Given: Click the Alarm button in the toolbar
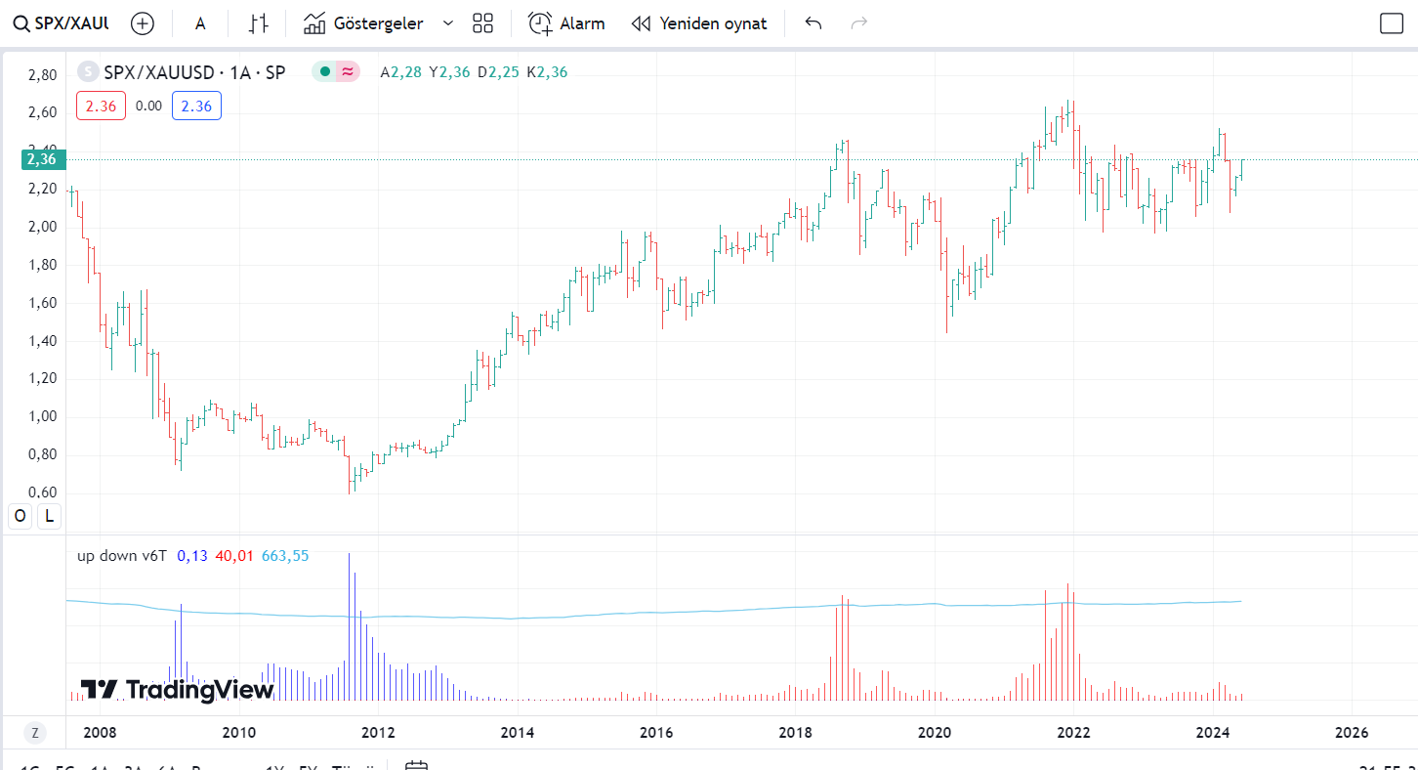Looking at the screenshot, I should click(566, 23).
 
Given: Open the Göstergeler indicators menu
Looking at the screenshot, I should click(364, 23).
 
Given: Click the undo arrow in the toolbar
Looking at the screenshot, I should click(813, 23).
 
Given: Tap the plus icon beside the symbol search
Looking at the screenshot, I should click(143, 23).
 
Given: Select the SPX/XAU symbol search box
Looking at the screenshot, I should click(61, 23).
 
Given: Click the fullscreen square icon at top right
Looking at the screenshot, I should click(1391, 23).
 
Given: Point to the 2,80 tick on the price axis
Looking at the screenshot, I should click(41, 74).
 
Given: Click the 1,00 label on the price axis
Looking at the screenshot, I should click(41, 416).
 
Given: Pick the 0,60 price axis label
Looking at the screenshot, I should click(41, 492).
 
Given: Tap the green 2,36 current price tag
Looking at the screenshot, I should click(41, 159).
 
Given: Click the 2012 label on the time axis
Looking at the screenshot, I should click(378, 732).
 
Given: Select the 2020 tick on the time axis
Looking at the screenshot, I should click(935, 732).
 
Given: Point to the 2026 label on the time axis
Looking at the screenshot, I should click(1352, 732).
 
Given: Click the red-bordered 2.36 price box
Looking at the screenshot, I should click(101, 106).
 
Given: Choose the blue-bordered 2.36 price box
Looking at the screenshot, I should click(196, 106).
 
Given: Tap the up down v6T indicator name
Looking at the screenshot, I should click(122, 555).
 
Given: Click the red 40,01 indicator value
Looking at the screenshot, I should click(234, 555).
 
